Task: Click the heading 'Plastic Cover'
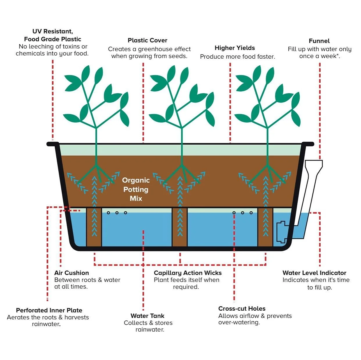(x=147, y=40)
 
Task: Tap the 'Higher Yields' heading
(x=235, y=48)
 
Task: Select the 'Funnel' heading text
(x=319, y=41)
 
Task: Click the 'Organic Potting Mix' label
(x=136, y=189)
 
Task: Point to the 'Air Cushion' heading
(x=72, y=273)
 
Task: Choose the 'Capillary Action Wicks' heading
(x=187, y=273)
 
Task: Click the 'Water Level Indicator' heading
(x=314, y=273)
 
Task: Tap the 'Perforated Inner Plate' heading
(x=49, y=310)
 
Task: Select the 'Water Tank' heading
(x=147, y=316)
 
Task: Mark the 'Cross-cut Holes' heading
(x=242, y=309)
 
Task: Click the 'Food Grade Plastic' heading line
(x=53, y=39)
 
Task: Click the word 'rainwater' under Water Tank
(x=149, y=330)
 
